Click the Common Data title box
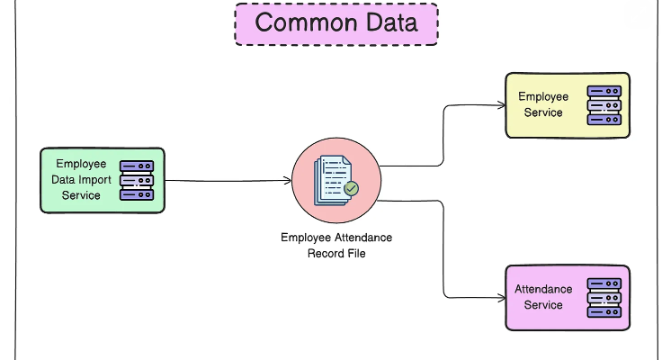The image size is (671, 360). pos(335,23)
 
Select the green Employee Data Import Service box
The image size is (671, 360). pos(103,180)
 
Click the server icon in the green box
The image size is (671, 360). pos(138,180)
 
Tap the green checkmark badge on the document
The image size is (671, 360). pos(351,189)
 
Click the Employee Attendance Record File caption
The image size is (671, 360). pos(336,245)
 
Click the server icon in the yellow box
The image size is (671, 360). pos(604,105)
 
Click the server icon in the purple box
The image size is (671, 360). pos(604,297)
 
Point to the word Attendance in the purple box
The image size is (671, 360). pos(543,289)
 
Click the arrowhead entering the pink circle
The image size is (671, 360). pos(287,181)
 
